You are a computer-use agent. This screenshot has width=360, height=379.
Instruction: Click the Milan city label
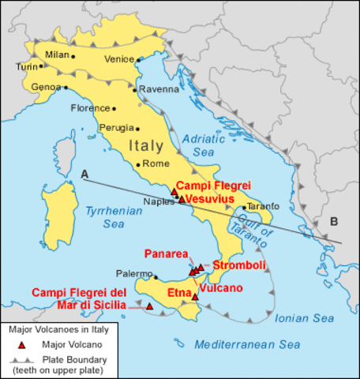[x=57, y=54]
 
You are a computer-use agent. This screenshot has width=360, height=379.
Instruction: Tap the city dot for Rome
[x=139, y=164]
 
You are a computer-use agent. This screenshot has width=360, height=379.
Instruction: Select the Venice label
[x=120, y=57]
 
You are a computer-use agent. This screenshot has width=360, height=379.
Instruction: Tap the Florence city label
[x=90, y=108]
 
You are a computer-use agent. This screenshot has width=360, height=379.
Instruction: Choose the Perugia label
[x=117, y=127]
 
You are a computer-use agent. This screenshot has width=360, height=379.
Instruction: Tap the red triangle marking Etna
[x=195, y=297]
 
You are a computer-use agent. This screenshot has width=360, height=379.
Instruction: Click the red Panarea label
[x=165, y=253]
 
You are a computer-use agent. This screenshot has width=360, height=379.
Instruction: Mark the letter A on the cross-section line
[x=84, y=173]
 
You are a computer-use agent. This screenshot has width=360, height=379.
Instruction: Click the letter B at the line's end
[x=334, y=221]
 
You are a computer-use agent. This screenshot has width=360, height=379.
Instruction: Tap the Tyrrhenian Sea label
[x=108, y=216]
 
